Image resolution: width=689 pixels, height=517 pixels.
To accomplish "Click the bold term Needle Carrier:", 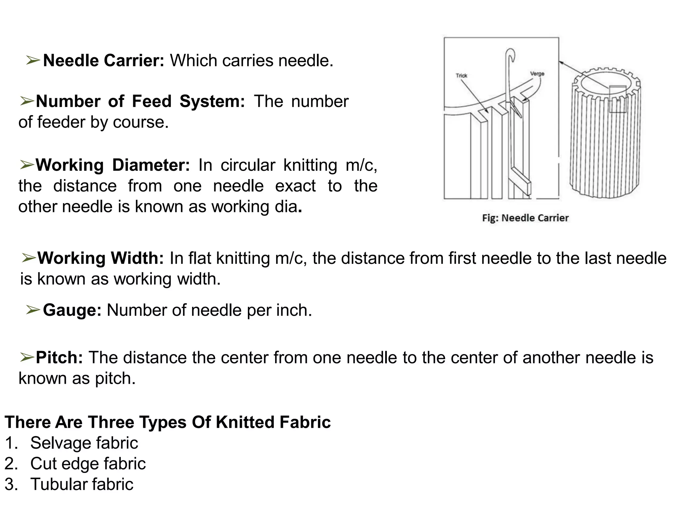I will click(104, 61).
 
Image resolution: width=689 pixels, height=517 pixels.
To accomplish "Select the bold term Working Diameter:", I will click(113, 165).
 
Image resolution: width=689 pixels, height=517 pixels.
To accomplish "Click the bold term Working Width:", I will click(101, 258).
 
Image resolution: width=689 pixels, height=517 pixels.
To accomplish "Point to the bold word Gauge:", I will click(72, 310).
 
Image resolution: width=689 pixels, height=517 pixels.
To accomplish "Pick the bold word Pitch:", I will click(60, 357).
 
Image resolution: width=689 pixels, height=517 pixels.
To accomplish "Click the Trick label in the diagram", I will click(462, 76).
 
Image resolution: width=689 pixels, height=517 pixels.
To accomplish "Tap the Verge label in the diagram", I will click(537, 74).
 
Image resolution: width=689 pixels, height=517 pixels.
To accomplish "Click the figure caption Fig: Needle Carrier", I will click(525, 218).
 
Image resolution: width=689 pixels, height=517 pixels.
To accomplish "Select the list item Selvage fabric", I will click(84, 443).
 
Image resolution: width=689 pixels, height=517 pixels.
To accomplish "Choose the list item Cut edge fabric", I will click(88, 464).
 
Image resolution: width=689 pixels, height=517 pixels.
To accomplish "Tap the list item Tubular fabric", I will click(82, 484).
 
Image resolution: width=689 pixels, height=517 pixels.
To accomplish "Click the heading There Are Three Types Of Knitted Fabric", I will click(168, 422).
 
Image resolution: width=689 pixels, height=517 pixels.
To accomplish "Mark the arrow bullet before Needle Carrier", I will click(34, 61).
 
